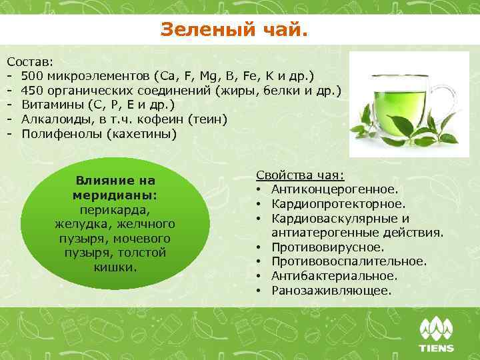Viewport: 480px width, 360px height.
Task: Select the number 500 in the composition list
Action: point(33,75)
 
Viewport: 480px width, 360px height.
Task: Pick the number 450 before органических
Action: point(33,90)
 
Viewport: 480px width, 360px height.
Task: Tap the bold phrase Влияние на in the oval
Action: point(115,181)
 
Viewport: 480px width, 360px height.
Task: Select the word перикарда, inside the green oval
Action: point(115,209)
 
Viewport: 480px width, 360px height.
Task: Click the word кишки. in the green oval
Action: point(115,267)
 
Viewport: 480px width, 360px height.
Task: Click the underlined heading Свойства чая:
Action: point(300,175)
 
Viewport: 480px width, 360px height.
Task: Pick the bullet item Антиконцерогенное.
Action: point(335,189)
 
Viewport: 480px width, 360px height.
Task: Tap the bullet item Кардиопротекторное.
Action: point(338,204)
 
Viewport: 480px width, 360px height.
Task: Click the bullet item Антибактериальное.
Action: point(334,276)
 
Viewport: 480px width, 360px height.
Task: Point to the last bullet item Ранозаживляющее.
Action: point(331,291)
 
